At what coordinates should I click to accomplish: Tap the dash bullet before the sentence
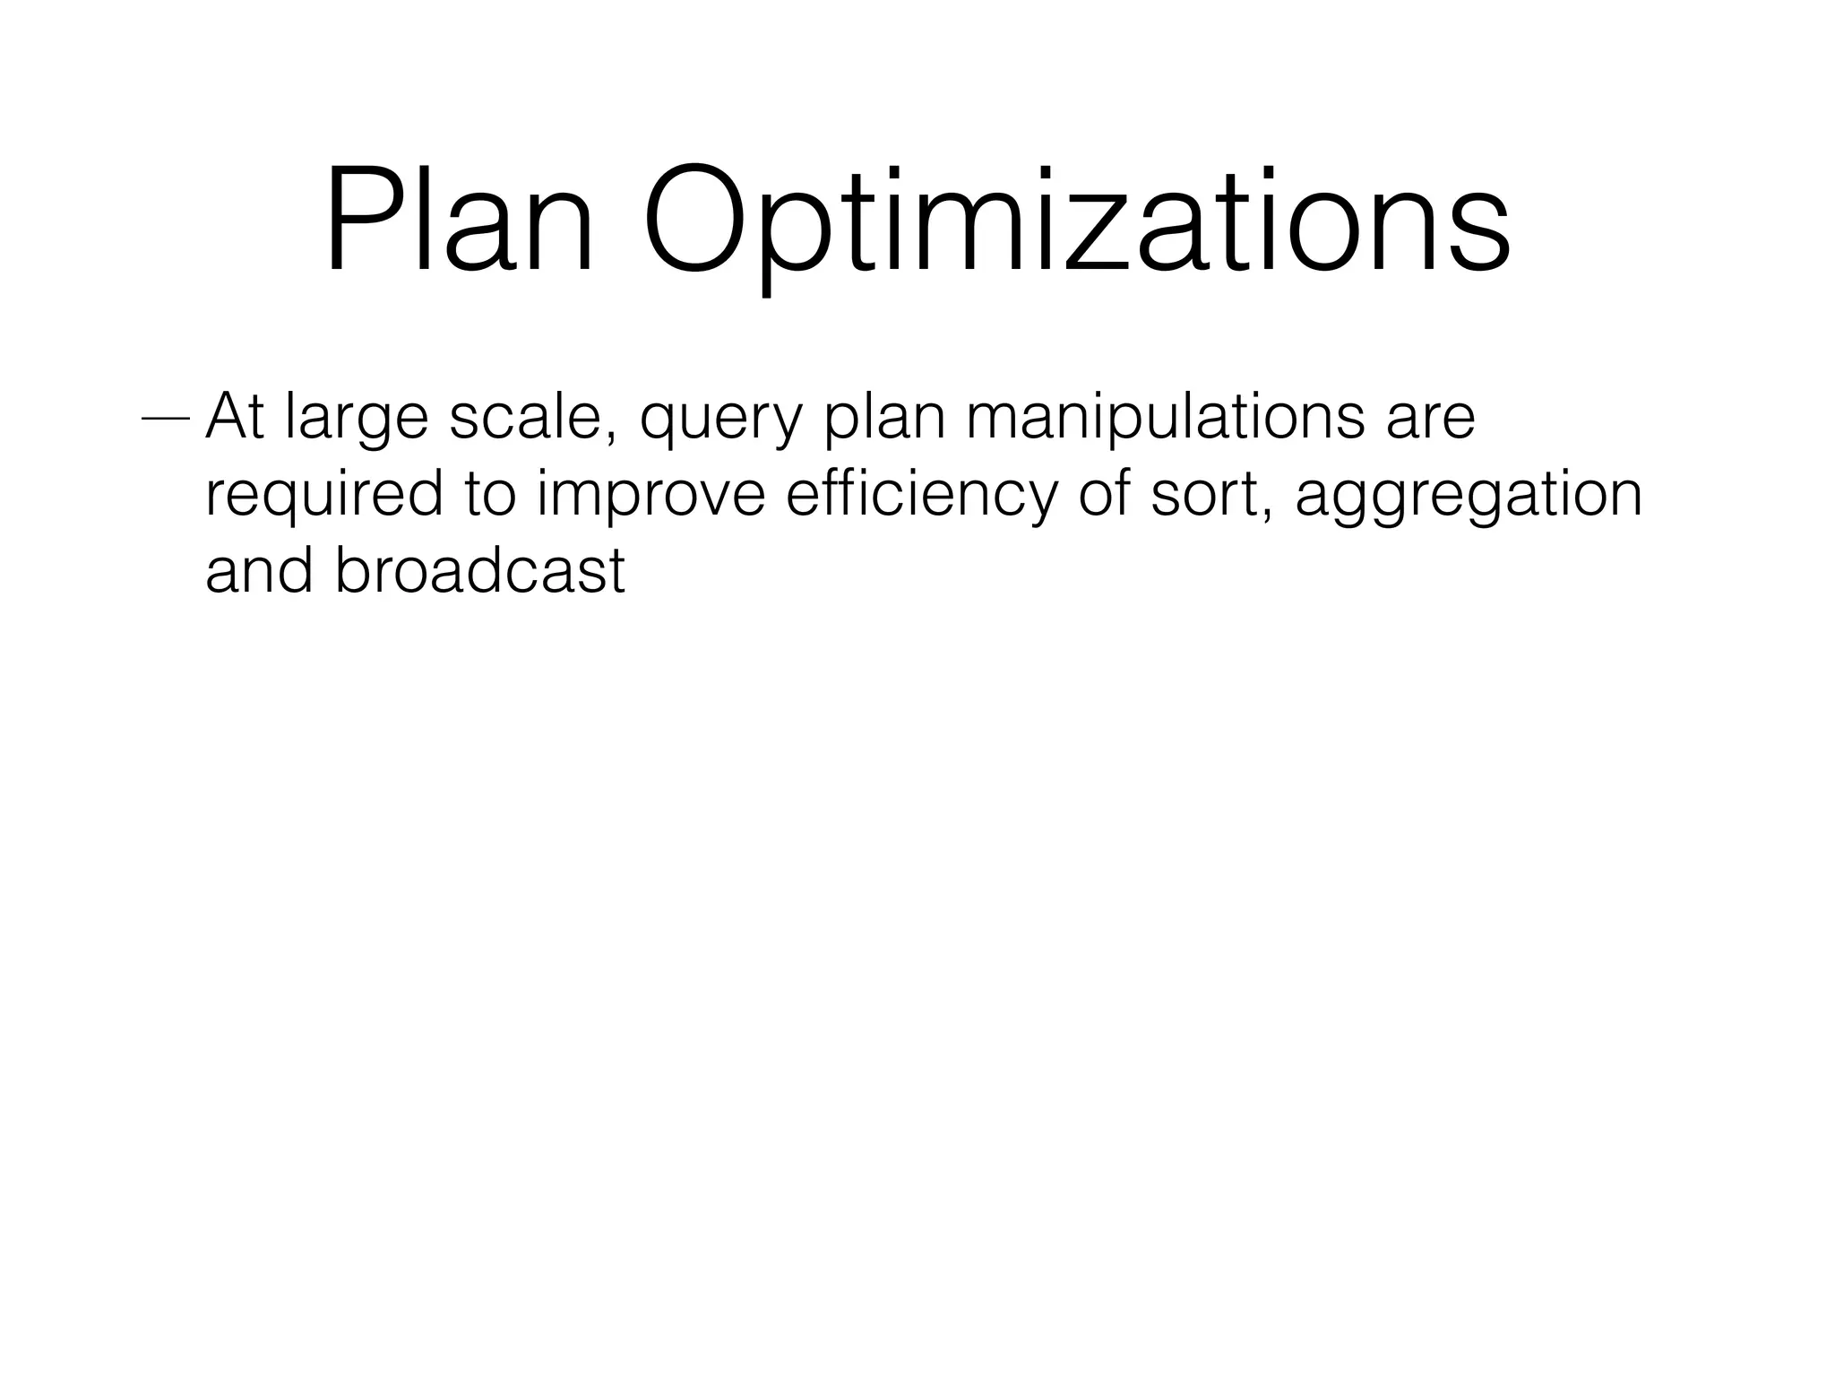166,419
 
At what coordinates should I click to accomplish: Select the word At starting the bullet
235,417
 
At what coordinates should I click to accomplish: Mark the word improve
651,498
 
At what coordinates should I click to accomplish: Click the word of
1104,494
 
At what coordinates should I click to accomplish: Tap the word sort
1205,496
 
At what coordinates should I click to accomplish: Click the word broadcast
479,570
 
